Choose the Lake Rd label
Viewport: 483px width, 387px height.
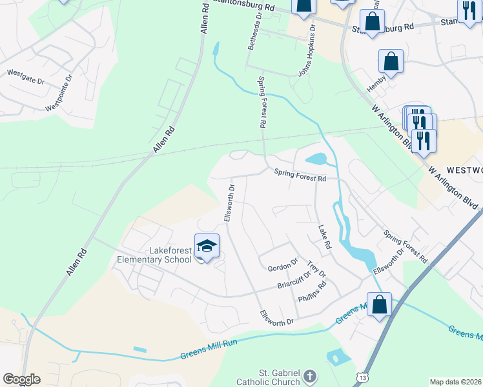coord(324,237)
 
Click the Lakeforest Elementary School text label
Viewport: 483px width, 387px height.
coord(154,255)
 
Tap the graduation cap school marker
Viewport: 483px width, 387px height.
coord(207,246)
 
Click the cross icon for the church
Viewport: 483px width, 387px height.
coord(310,376)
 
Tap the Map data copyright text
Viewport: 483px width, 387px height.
coord(455,382)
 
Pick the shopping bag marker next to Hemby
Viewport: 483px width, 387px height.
coord(391,62)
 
